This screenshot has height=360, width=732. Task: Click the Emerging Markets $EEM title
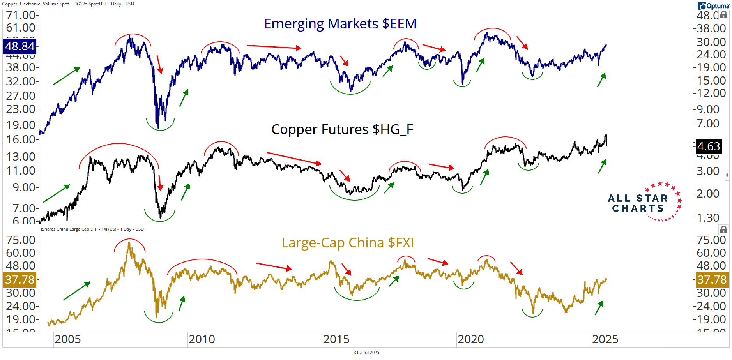point(340,24)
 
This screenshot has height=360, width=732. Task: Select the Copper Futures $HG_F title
point(342,129)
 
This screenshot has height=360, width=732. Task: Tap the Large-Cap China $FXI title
point(347,243)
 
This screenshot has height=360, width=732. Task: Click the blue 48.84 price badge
point(19,46)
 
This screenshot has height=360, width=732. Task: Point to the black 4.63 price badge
point(708,146)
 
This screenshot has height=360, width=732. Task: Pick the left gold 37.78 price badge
point(19,279)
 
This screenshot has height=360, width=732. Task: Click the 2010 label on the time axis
point(202,339)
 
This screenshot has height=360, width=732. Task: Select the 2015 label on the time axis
point(336,339)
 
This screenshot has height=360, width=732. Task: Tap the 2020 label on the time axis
point(470,339)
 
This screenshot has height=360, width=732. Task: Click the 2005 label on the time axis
point(67,339)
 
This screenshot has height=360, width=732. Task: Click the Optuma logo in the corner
point(713,6)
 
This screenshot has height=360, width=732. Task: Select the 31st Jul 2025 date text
point(366,353)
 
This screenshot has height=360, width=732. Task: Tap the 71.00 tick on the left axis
point(21,15)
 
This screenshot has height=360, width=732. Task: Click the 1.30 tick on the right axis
point(708,217)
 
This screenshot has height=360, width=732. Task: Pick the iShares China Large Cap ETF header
point(92,229)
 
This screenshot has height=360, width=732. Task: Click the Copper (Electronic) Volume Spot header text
point(68,4)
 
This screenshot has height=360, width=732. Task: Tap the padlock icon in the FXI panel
point(723,229)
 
